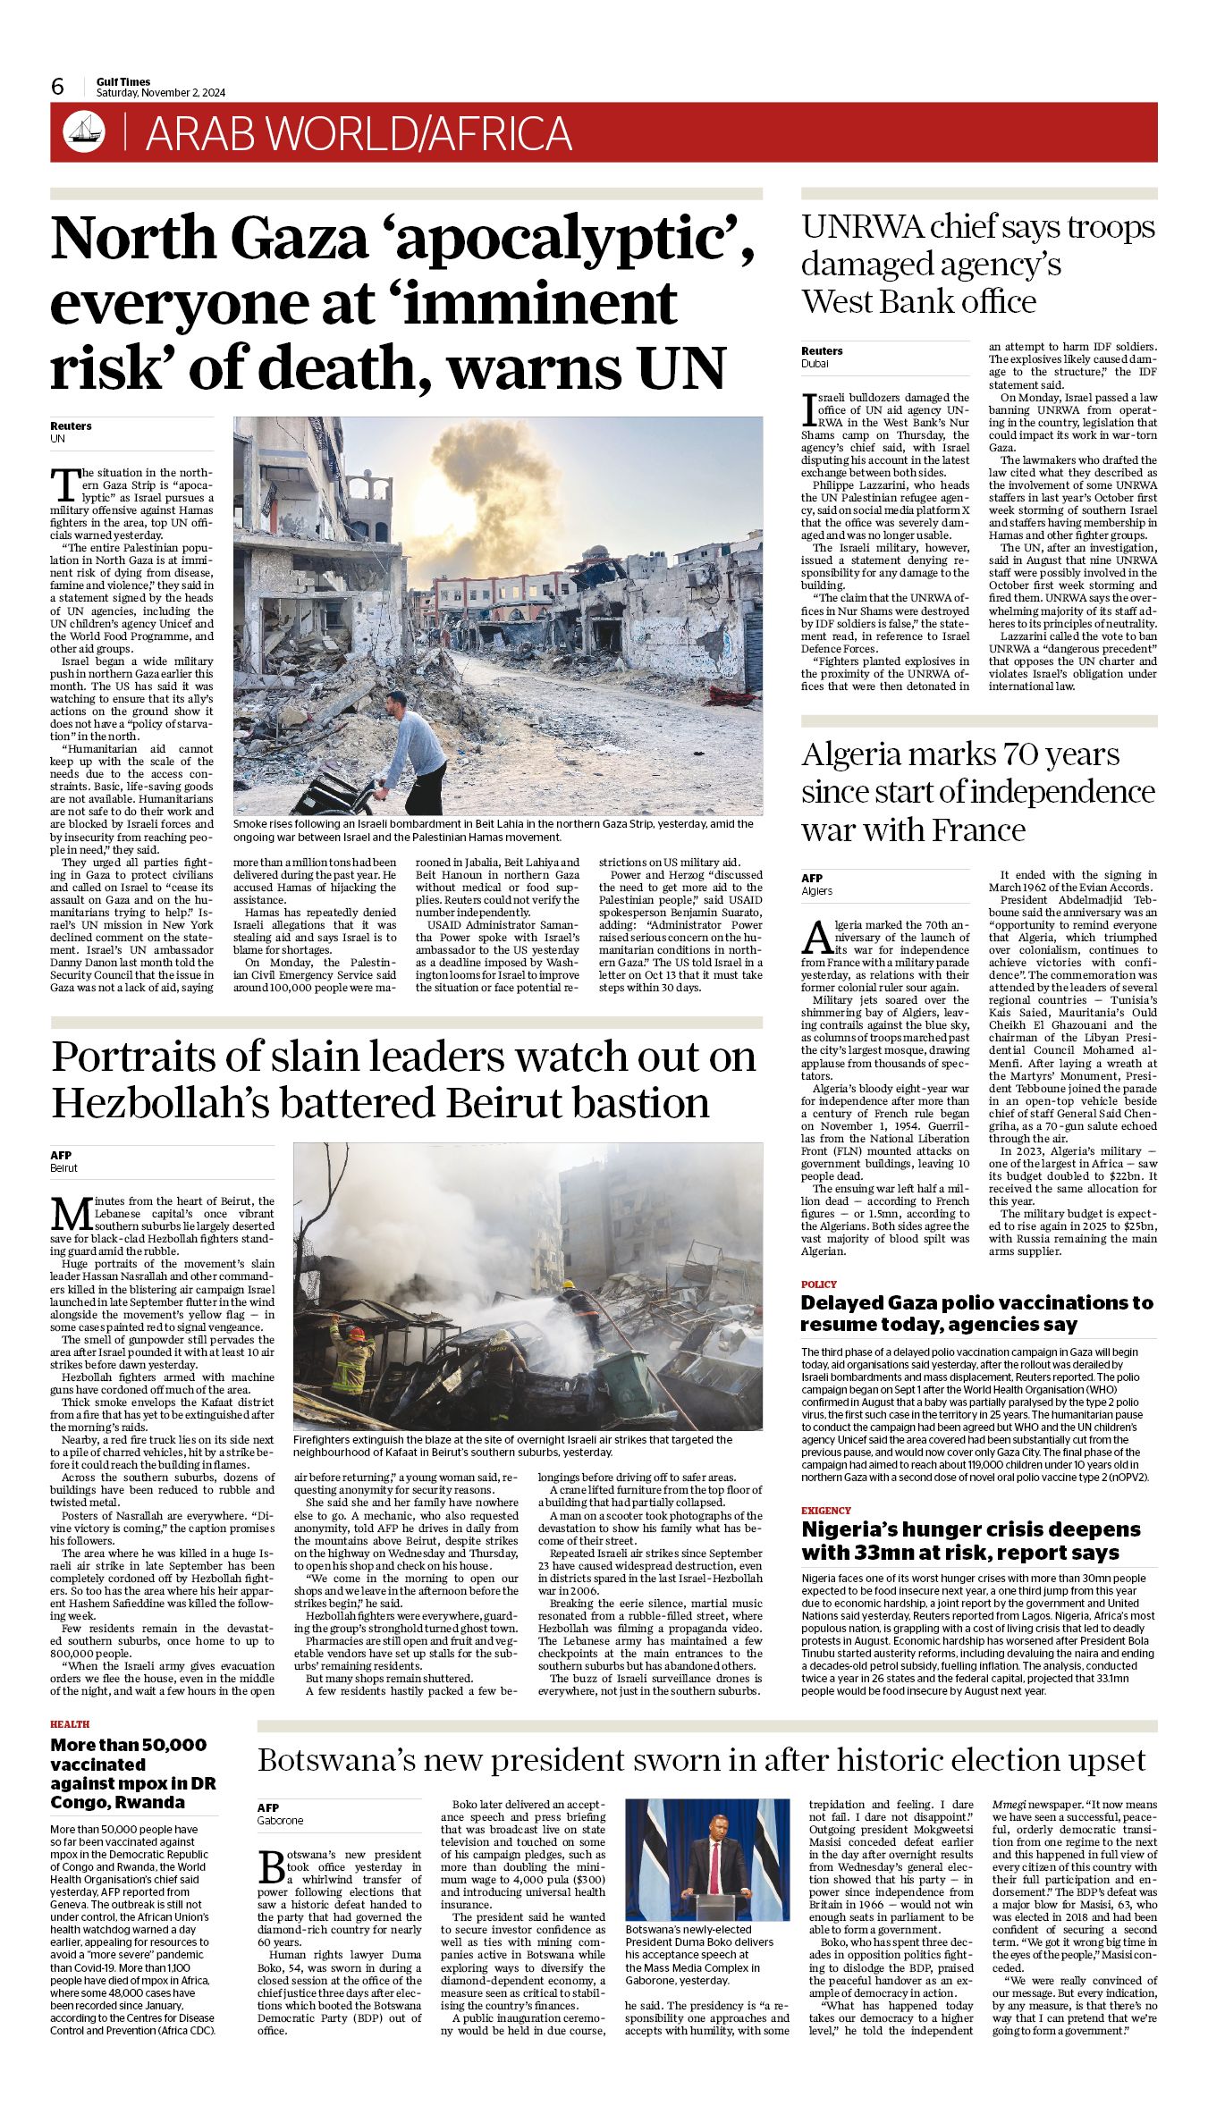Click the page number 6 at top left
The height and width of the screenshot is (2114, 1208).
coord(58,87)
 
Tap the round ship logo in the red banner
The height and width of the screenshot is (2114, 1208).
coord(84,132)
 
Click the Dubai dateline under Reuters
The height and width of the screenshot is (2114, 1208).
coord(815,364)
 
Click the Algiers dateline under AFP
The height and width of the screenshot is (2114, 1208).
coord(816,891)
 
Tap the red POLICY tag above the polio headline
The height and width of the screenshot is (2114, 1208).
coord(819,1284)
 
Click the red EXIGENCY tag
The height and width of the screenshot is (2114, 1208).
coord(826,1511)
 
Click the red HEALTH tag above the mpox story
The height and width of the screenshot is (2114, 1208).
coord(70,1724)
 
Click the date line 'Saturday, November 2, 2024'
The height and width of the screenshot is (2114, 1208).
coord(161,93)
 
